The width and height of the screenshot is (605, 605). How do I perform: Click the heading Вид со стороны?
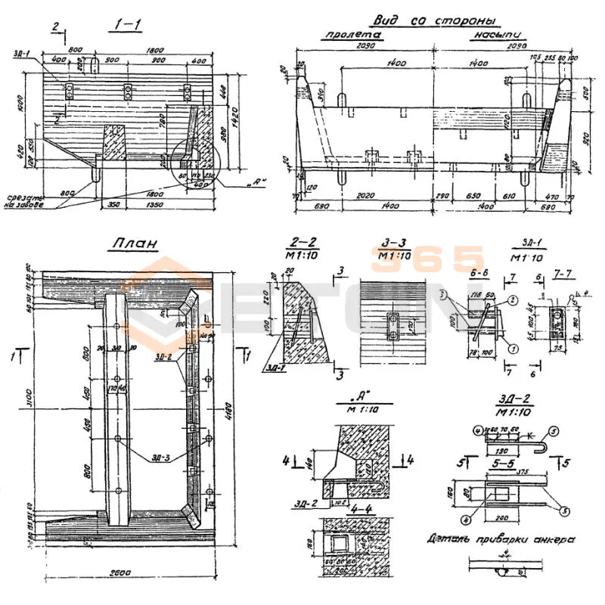pyautogui.click(x=436, y=20)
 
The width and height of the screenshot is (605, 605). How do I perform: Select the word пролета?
pyautogui.click(x=352, y=36)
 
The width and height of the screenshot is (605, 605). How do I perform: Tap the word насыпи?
pyautogui.click(x=500, y=36)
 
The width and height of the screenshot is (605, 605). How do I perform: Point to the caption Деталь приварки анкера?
pyautogui.click(x=500, y=538)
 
